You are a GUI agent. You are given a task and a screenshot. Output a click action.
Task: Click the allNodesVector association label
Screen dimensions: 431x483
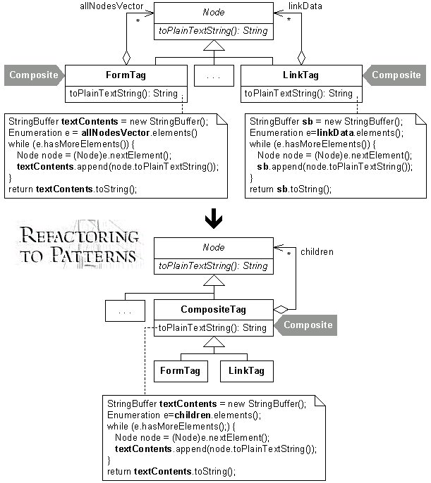[111, 6]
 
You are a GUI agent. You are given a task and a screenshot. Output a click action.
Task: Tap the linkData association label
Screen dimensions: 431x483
[305, 6]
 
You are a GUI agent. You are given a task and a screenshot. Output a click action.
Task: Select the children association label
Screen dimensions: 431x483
[317, 251]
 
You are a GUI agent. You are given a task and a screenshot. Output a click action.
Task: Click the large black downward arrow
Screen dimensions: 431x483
[214, 219]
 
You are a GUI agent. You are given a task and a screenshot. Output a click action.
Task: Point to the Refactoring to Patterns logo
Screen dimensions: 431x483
[79, 244]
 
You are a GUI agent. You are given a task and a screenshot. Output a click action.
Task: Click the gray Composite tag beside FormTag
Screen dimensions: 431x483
[34, 75]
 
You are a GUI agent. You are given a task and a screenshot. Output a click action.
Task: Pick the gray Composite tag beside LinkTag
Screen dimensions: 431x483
[394, 75]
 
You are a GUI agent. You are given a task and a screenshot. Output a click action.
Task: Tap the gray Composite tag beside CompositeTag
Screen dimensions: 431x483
[305, 325]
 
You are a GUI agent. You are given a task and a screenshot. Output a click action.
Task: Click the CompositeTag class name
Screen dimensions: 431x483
[213, 309]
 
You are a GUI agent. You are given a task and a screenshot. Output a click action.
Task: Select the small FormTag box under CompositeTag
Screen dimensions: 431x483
[181, 371]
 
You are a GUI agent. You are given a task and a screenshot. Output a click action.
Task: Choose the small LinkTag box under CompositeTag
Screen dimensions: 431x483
[246, 371]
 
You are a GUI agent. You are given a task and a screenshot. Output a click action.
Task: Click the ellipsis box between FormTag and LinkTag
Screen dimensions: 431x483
[214, 75]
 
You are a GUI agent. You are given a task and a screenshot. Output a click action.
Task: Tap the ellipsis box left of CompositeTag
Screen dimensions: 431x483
[125, 310]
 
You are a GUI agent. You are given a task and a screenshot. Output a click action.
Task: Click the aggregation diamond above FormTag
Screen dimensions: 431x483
[126, 58]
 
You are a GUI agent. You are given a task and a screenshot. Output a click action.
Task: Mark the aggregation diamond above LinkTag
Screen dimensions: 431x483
[301, 58]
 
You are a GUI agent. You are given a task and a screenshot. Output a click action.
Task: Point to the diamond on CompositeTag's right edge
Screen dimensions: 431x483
[281, 309]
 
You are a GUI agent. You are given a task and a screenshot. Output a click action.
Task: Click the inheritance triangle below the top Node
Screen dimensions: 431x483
[214, 45]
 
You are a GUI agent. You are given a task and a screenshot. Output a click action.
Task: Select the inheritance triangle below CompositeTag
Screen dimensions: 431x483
[214, 341]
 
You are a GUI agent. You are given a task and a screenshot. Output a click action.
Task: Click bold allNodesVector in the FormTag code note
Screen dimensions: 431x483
[116, 133]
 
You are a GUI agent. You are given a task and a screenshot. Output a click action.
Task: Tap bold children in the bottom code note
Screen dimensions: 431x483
[193, 415]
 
